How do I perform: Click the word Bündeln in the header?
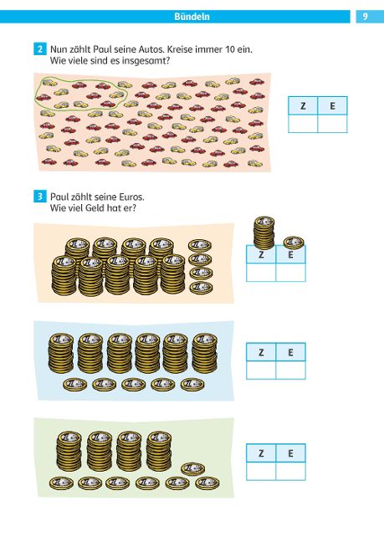192,17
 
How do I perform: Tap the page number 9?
366,16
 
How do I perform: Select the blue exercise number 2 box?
40,49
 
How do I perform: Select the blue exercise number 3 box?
40,197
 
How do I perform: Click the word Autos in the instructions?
151,49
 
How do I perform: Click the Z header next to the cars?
303,105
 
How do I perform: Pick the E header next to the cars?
332,105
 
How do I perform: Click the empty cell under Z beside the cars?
303,124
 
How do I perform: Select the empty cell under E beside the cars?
332,124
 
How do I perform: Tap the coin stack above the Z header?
264,233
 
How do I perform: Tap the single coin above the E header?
294,243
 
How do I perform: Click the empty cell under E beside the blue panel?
290,370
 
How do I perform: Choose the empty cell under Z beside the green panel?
261,471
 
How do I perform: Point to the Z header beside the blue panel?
261,352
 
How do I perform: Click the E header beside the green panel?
290,453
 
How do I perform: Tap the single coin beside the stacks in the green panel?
193,468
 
